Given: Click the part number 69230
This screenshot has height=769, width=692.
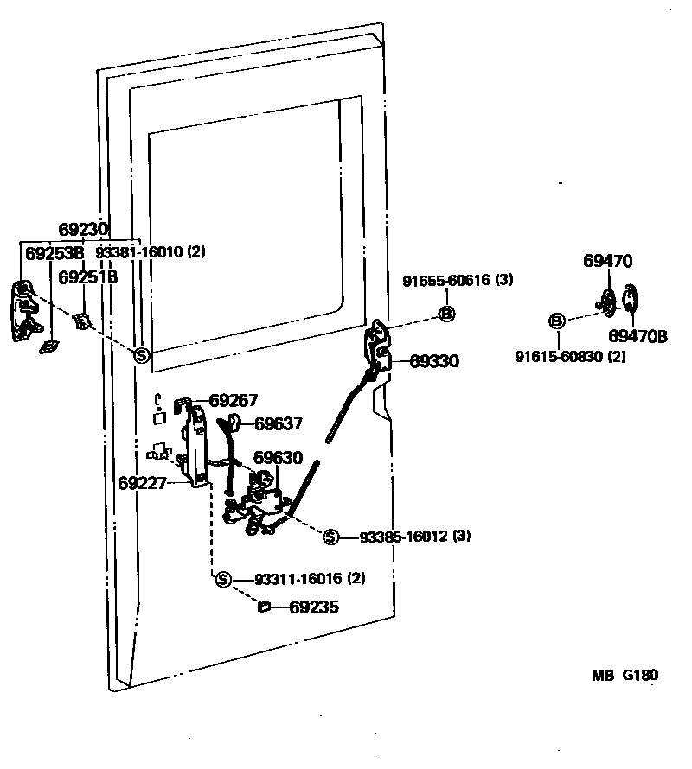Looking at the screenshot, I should [83, 230].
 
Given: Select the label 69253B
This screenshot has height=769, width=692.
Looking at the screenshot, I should [54, 253].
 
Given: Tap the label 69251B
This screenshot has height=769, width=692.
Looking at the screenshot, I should [87, 276].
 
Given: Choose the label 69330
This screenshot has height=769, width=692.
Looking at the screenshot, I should [434, 361].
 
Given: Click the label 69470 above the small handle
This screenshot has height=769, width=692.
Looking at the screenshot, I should [607, 261].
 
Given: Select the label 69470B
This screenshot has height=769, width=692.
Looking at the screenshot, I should [638, 336].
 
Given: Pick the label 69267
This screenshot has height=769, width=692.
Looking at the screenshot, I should [234, 400].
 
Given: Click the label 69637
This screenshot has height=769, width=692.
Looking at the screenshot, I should [279, 423].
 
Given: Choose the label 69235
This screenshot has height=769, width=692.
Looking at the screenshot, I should [313, 607].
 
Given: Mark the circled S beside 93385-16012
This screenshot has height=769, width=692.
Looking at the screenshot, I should [330, 537].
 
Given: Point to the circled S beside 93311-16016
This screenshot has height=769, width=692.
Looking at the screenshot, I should [223, 579].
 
